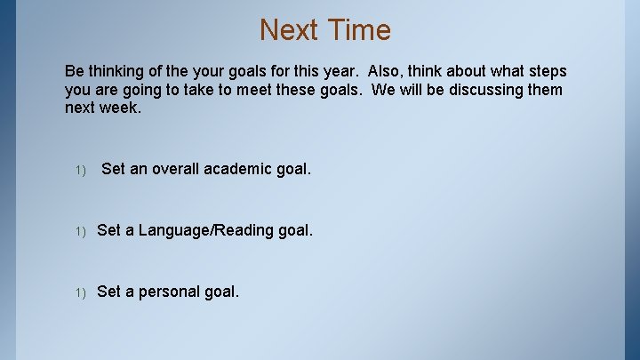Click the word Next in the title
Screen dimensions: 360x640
point(290,30)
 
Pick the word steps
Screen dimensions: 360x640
point(543,71)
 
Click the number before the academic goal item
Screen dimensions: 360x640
point(80,170)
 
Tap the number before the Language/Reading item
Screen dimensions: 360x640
point(80,231)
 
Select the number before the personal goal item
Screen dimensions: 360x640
point(80,292)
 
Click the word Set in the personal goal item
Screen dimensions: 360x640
point(109,292)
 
